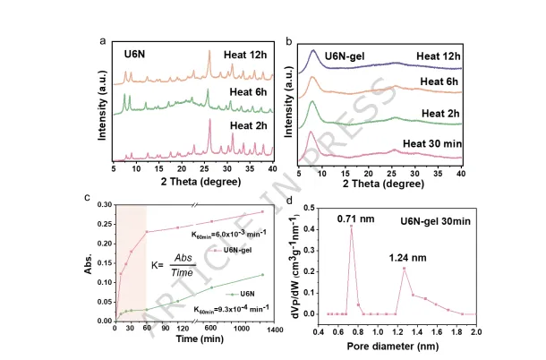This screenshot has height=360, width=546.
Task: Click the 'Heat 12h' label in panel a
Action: (x=245, y=55)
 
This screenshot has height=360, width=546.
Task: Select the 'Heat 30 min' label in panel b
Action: (x=432, y=143)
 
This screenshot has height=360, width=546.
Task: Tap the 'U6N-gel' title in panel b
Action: (x=345, y=56)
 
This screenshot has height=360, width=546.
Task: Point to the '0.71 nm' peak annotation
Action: (x=355, y=219)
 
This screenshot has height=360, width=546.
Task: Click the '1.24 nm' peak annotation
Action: (x=407, y=258)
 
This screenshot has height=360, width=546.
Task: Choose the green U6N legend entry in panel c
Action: (x=240, y=294)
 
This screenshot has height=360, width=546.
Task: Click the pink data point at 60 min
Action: (x=147, y=232)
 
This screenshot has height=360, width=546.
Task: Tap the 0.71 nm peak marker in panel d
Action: (x=352, y=227)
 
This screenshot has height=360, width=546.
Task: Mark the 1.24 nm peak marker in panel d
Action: (x=405, y=269)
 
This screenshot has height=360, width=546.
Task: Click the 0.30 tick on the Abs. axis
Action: (x=105, y=204)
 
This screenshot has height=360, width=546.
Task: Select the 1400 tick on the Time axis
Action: (x=275, y=329)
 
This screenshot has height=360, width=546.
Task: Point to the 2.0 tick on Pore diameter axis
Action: (x=476, y=331)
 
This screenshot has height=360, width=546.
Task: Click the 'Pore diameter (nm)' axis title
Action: (x=393, y=346)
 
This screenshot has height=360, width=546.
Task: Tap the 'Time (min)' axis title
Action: (x=200, y=339)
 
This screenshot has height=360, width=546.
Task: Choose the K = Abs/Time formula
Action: (x=174, y=265)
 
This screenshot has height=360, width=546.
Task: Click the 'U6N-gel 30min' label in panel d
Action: (x=435, y=221)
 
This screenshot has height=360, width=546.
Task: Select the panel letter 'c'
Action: (x=88, y=198)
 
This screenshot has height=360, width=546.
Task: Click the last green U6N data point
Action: (x=262, y=275)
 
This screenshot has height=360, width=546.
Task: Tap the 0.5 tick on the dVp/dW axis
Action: (x=310, y=208)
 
